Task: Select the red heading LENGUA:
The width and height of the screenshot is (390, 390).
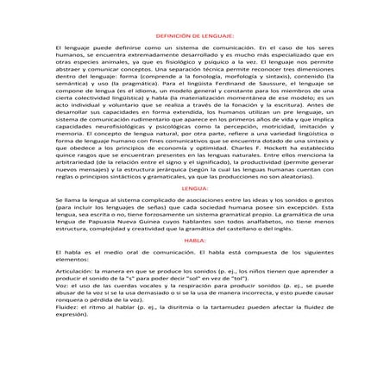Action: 196,211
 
